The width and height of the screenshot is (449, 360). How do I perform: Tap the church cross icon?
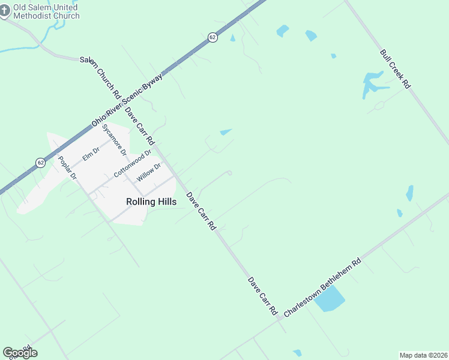pos(4,11)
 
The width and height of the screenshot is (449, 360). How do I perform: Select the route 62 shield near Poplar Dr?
pos(40,163)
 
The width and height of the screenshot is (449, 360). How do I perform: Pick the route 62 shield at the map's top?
pos(213,37)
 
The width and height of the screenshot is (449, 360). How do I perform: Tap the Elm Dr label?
pos(91,154)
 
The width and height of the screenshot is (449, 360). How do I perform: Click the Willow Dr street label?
pos(149,172)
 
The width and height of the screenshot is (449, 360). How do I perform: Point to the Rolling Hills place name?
pos(151,202)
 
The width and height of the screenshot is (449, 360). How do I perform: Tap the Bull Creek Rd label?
pos(394,69)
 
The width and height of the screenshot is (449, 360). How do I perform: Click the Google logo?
pos(20,353)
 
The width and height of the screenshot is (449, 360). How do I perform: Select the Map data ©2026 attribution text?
pos(423,355)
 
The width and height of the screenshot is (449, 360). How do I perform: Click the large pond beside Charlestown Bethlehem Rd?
pos(330,298)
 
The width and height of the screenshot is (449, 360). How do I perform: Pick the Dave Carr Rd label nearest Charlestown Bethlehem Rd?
pos(262,296)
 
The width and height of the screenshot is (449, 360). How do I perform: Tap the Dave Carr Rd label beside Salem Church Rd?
pos(139,125)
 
